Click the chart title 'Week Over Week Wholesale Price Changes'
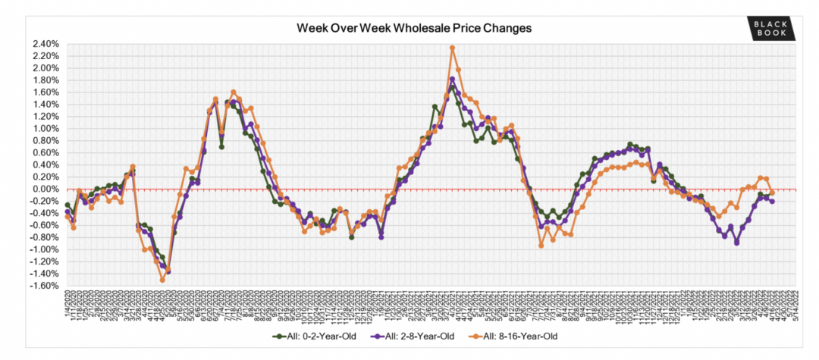tap(413, 28)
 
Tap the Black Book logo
tap(770, 28)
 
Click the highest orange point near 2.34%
tap(452, 48)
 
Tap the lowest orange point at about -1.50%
tap(162, 280)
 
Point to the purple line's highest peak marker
tap(452, 79)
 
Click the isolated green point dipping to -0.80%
tap(352, 237)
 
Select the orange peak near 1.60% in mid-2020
tap(233, 92)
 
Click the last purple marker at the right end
tap(772, 201)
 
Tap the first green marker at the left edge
tap(67, 205)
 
